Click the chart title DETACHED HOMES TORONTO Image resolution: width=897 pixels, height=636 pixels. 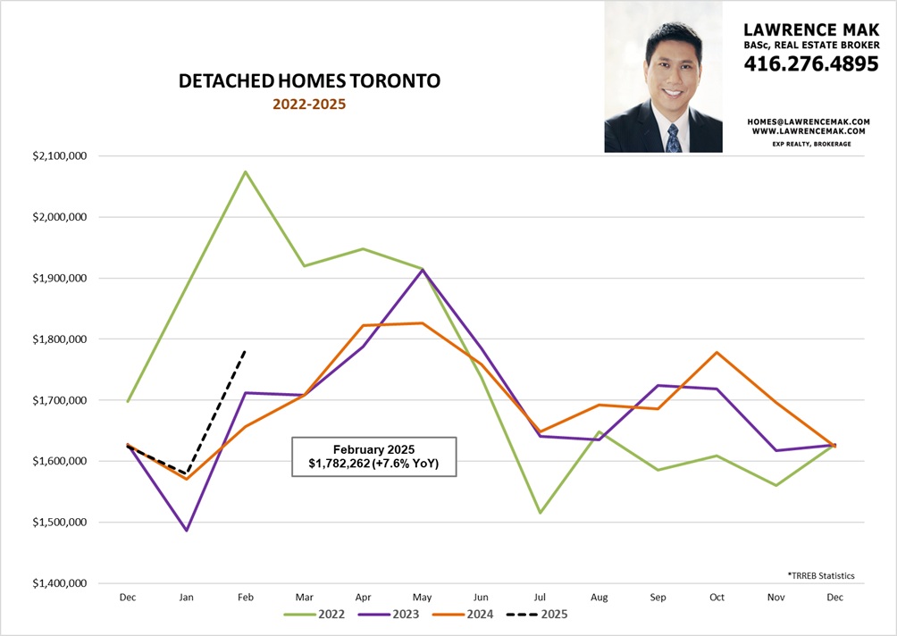309,81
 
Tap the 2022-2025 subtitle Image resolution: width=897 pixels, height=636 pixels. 309,104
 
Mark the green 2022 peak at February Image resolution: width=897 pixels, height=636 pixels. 245,172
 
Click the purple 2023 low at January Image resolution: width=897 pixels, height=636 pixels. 186,531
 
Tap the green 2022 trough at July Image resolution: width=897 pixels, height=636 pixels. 540,513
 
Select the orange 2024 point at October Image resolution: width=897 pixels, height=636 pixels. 717,352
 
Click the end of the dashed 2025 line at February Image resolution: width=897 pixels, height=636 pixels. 245,350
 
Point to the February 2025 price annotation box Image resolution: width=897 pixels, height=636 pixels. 373,456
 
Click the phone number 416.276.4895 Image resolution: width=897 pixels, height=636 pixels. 811,64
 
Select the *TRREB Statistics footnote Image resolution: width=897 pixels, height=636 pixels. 820,576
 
